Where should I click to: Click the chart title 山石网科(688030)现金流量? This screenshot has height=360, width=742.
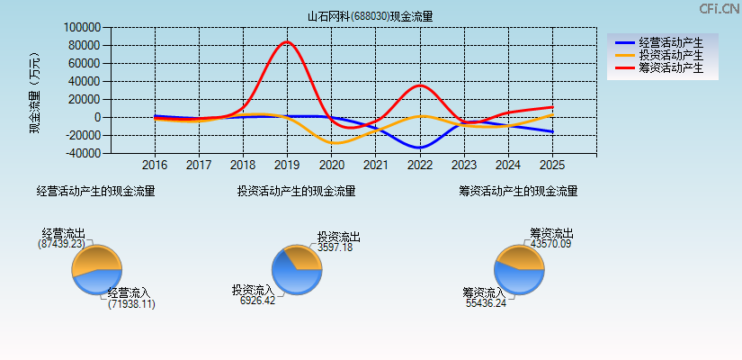click(x=371, y=16)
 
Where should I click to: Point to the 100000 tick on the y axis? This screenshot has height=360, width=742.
click(x=80, y=28)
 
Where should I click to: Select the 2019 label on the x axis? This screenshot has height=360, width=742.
click(x=287, y=166)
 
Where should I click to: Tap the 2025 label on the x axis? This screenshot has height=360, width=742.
click(x=552, y=166)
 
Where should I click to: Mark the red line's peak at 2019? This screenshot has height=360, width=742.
click(x=287, y=42)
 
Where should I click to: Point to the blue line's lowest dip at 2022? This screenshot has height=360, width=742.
click(x=419, y=147)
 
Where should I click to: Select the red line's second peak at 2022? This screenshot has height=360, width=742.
click(x=419, y=85)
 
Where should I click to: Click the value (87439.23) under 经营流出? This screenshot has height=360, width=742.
click(x=62, y=244)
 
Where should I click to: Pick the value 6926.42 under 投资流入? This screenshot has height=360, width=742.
click(x=257, y=301)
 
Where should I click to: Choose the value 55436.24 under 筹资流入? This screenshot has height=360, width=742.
click(x=486, y=303)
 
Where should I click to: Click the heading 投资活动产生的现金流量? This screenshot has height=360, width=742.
click(x=296, y=191)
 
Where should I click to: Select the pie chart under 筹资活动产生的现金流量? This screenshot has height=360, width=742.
click(x=519, y=269)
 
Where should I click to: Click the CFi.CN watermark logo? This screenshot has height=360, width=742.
click(x=720, y=9)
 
